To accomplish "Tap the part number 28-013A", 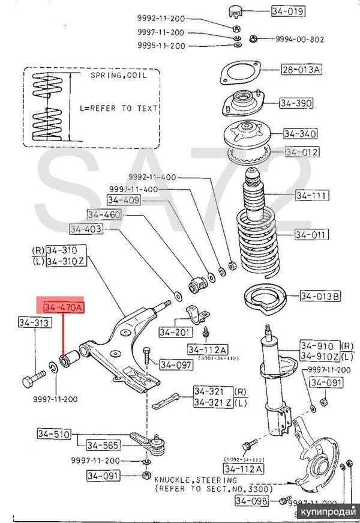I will (301, 70).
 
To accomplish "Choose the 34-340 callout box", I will (299, 133).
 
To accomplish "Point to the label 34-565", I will (103, 445).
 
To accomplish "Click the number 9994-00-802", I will (299, 39).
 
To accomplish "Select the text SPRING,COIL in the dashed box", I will (115, 77).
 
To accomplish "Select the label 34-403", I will (86, 229).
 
